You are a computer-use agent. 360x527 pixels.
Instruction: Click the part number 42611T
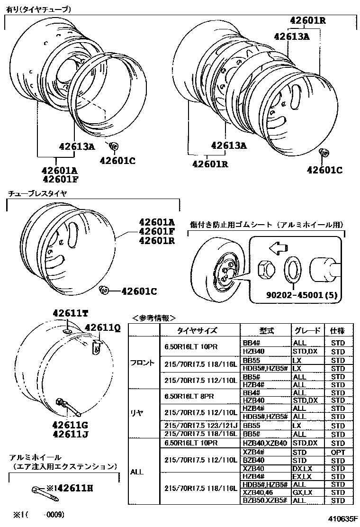(70, 313)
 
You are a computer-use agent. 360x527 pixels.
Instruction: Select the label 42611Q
(103, 327)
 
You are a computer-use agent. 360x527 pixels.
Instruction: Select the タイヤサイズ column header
(197, 331)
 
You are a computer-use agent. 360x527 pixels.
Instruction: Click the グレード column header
(307, 331)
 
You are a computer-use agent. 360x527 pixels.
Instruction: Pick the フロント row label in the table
(142, 363)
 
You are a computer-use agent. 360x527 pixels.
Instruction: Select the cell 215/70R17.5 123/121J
(200, 425)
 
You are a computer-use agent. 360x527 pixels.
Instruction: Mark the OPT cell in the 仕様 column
(338, 452)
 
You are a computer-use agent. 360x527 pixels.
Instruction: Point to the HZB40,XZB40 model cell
(265, 443)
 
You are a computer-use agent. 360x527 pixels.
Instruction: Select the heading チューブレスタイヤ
(37, 193)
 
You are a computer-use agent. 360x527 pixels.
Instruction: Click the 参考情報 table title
(153, 318)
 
